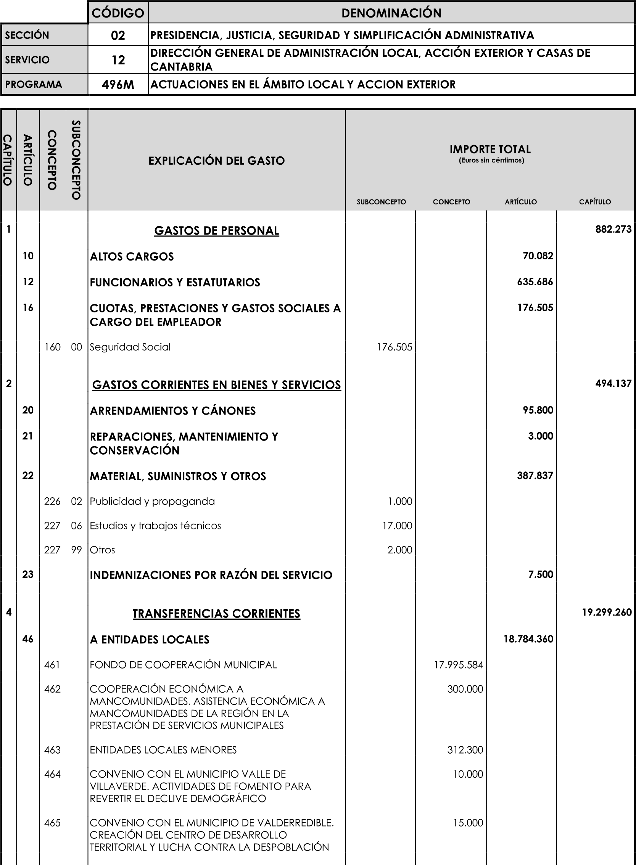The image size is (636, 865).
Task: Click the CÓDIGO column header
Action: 118,13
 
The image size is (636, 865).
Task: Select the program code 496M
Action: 118,85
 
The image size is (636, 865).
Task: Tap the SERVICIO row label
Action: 27,60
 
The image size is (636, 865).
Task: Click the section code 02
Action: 118,35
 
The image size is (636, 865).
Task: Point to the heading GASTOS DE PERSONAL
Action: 216,230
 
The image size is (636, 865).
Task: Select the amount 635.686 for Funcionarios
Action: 535,282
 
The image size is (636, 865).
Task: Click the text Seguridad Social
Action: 130,347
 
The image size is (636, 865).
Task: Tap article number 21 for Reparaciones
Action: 28,436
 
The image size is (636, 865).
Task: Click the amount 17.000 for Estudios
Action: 397,526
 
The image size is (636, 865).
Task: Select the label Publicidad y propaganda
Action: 152,502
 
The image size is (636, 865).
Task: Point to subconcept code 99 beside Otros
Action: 76,550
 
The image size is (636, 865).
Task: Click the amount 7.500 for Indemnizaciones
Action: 541,574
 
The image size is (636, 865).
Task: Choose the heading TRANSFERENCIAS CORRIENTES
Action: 216,613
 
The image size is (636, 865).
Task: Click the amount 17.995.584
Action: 458,665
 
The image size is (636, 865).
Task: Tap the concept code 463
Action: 52,750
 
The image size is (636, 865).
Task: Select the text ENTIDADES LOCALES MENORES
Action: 163,750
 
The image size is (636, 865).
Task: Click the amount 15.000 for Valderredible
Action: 468,823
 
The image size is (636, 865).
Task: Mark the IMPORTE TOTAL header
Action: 490,149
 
